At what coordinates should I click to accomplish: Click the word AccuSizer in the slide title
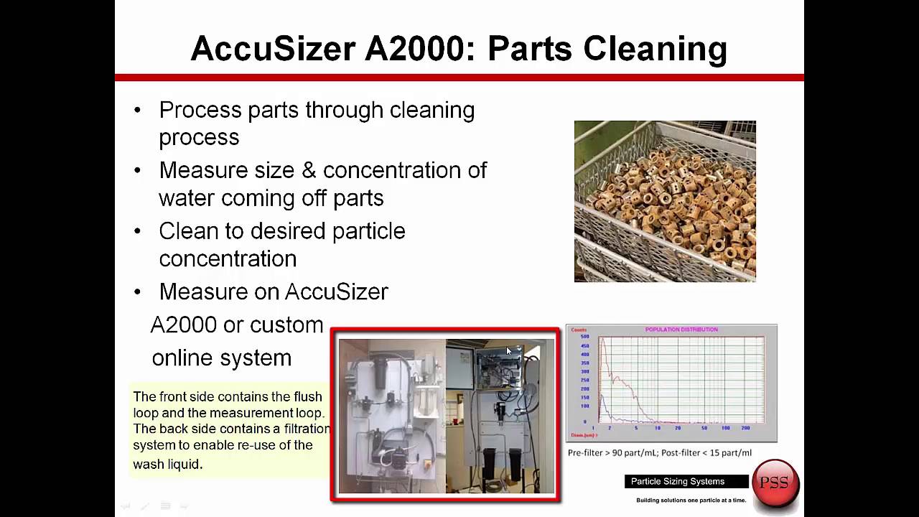[274, 49]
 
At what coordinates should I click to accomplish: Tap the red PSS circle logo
[775, 483]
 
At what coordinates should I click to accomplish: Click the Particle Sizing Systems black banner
[678, 481]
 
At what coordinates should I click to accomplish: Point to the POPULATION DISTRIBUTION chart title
[681, 330]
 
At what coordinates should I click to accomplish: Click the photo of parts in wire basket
[665, 201]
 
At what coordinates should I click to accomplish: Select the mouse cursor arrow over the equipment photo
[509, 351]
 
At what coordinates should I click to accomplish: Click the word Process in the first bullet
[200, 111]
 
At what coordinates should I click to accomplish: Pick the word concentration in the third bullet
[228, 258]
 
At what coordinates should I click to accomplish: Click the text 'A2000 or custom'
[237, 325]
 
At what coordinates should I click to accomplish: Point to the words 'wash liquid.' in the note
[167, 464]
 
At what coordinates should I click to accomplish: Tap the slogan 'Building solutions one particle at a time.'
[691, 500]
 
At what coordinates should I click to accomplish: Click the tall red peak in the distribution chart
[603, 345]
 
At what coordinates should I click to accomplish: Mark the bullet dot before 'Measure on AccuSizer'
[138, 292]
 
